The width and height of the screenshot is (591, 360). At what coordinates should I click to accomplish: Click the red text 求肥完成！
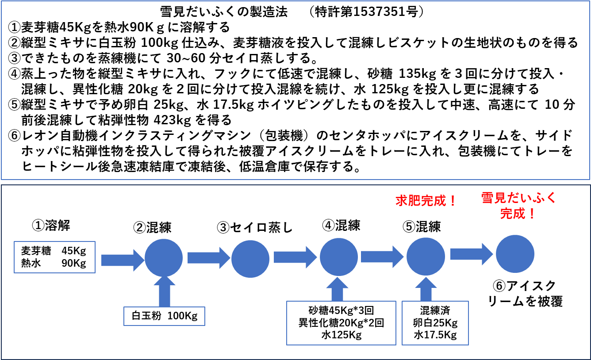click(x=426, y=201)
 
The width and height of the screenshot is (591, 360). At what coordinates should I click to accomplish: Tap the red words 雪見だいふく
click(x=518, y=198)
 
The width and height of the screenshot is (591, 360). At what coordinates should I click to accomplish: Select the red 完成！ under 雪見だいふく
click(x=518, y=214)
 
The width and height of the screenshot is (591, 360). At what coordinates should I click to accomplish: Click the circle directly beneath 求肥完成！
click(x=426, y=257)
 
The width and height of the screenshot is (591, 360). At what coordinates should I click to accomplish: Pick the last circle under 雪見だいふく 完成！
click(x=515, y=254)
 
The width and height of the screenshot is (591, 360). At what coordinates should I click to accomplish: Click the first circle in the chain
click(x=164, y=258)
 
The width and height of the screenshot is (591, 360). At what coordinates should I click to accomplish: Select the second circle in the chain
click(x=250, y=259)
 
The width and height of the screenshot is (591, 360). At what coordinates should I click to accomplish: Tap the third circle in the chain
click(x=339, y=257)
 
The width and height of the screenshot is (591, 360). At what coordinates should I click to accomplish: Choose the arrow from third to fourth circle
click(x=382, y=257)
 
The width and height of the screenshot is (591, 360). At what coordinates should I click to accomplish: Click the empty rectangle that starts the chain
click(x=54, y=257)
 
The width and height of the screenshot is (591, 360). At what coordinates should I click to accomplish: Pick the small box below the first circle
click(x=164, y=316)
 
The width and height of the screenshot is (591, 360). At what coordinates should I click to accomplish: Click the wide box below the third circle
click(x=341, y=323)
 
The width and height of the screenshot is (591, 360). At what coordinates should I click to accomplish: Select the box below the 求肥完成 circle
click(x=435, y=323)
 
